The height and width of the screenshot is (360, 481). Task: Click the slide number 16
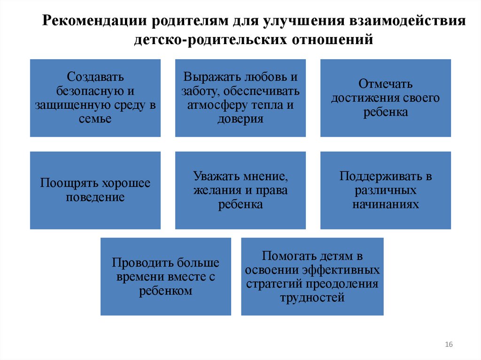click(x=448, y=345)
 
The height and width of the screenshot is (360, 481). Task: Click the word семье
click(x=95, y=119)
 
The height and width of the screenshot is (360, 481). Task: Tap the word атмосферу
click(x=211, y=105)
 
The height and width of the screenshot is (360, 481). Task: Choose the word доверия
click(x=240, y=119)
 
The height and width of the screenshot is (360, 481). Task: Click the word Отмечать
click(x=385, y=84)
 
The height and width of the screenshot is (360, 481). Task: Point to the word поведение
click(x=95, y=197)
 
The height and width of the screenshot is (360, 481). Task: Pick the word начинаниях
click(x=385, y=205)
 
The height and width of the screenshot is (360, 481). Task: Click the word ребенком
click(x=166, y=291)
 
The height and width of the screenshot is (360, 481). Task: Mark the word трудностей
click(x=312, y=298)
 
